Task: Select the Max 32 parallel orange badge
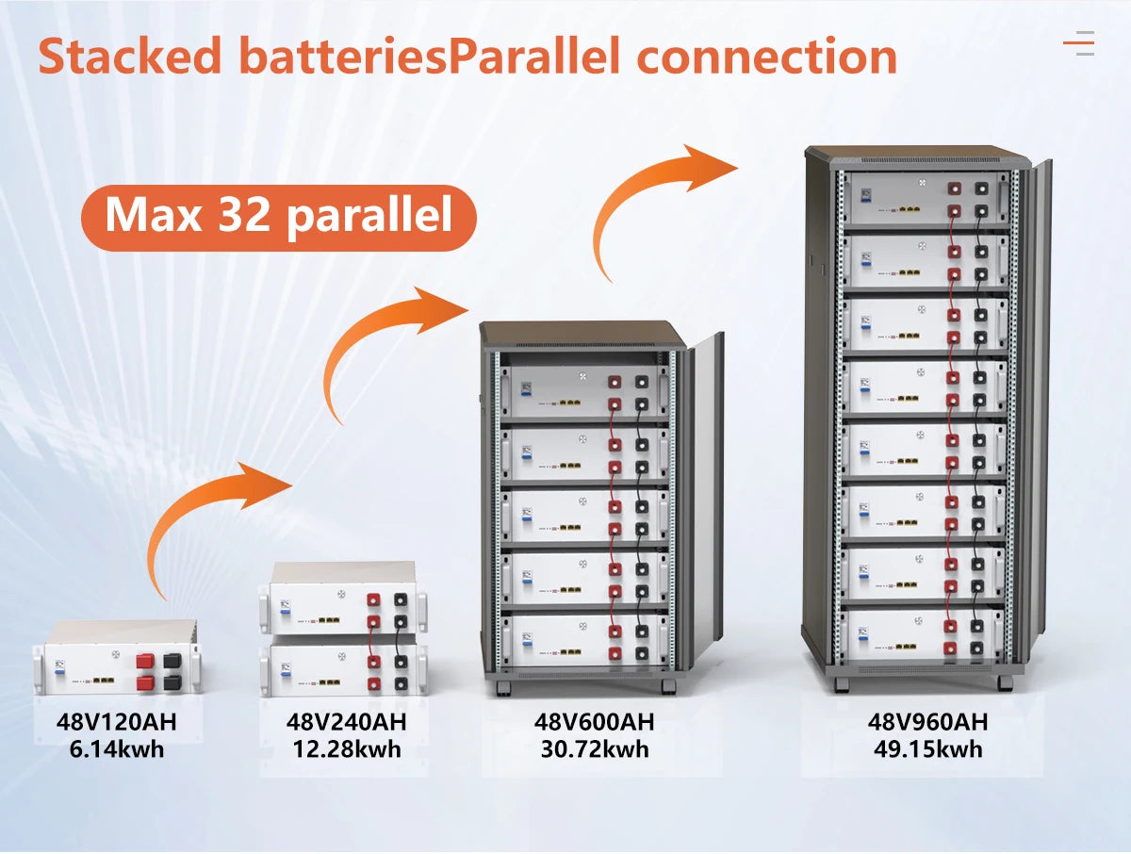pos(278,215)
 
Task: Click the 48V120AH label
pos(116,724)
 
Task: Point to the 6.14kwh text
pos(116,750)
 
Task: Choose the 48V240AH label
pos(346,723)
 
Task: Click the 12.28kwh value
pos(346,749)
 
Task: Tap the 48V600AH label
pos(594,723)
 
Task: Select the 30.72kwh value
pos(594,749)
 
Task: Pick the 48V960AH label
pos(927,723)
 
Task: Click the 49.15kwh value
pos(927,749)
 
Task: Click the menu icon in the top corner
pos(1078,42)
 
